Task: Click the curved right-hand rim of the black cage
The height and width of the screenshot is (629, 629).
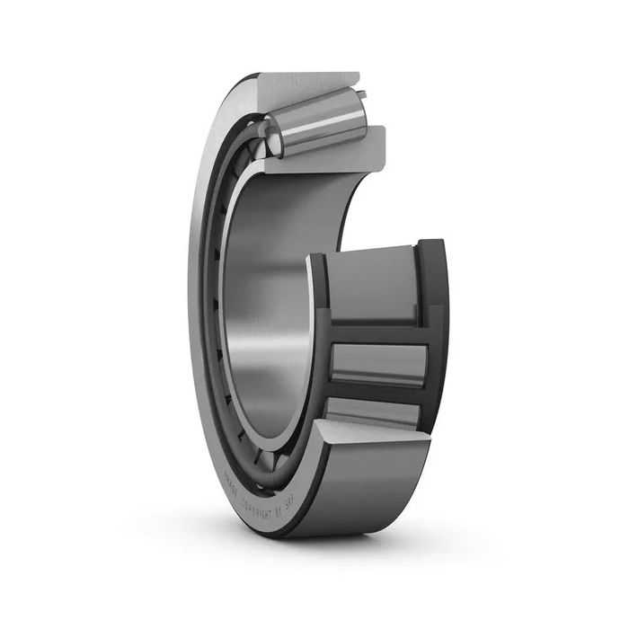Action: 436,341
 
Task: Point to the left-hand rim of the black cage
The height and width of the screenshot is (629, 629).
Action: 318,341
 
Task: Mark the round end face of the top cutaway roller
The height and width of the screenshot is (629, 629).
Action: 275,139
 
